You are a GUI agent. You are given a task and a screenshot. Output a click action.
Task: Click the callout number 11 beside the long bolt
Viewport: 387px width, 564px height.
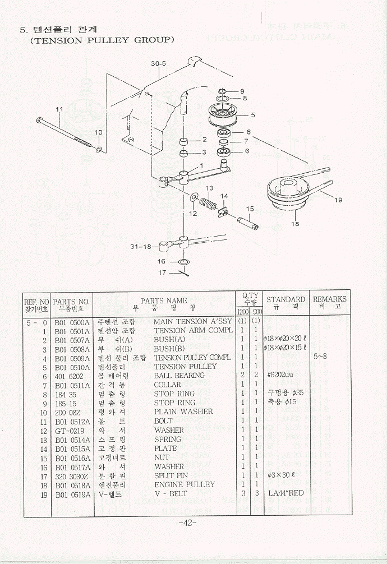click(x=58, y=109)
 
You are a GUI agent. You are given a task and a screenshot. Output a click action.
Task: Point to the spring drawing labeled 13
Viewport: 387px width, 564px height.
click(x=210, y=199)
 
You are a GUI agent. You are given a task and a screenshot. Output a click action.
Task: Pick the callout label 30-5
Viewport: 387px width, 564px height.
click(x=159, y=64)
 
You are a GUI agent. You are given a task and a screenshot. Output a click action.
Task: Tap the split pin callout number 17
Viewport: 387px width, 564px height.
click(x=162, y=273)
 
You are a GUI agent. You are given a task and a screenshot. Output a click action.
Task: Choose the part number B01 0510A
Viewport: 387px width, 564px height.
click(x=72, y=366)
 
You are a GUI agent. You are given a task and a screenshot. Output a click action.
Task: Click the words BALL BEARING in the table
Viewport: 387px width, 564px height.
click(x=179, y=375)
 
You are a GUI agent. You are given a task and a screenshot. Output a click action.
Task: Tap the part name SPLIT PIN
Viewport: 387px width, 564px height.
click(x=171, y=475)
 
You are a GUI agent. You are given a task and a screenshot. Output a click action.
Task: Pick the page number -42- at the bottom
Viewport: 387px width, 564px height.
click(x=187, y=523)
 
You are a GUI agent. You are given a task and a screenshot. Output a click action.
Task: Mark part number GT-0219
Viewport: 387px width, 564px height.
click(x=70, y=430)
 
